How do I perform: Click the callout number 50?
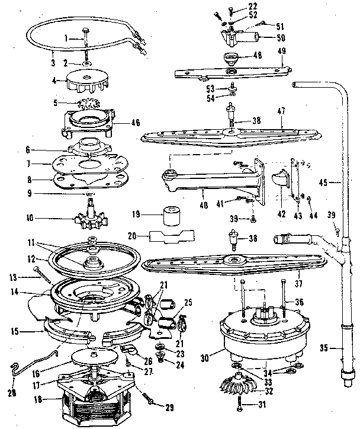[281, 37]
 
